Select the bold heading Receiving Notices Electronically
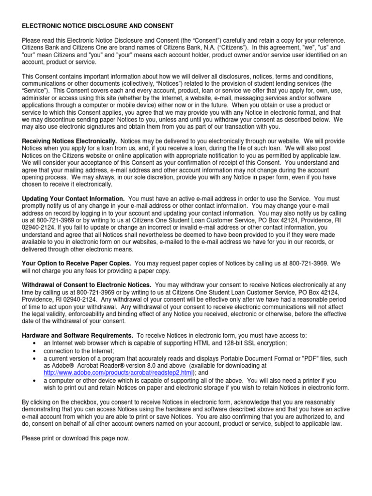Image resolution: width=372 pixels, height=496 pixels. [x=70, y=140]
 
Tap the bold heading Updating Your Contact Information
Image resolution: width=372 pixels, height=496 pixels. [x=73, y=199]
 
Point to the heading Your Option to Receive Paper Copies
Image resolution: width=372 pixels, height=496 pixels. [x=76, y=263]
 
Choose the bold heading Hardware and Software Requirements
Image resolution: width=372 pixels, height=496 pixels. [x=77, y=336]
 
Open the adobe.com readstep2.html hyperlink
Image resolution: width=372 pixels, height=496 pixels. [x=118, y=372]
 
